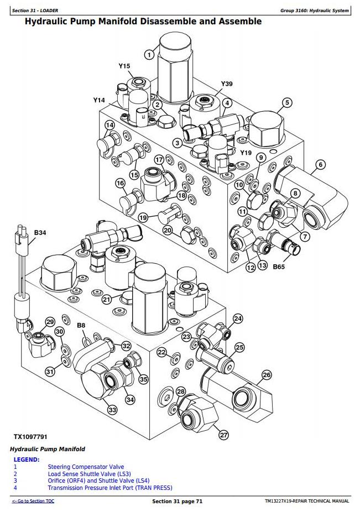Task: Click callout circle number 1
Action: click(x=149, y=54)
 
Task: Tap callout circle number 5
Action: click(x=287, y=102)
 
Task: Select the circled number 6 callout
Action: click(x=321, y=164)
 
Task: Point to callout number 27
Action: click(x=223, y=435)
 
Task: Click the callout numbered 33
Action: click(x=112, y=410)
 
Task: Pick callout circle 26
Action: click(x=267, y=375)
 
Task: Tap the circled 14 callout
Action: click(x=109, y=125)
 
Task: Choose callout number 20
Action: click(x=168, y=231)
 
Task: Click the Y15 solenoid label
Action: click(x=124, y=66)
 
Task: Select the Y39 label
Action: click(x=227, y=84)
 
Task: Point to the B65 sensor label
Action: click(x=278, y=266)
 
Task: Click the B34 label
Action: click(x=40, y=233)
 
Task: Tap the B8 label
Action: click(x=81, y=326)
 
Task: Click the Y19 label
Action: click(x=246, y=153)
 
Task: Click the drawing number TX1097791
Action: click(x=32, y=436)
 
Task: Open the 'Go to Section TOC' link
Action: click(x=33, y=501)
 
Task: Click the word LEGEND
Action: click(x=26, y=459)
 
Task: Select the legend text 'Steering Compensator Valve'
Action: click(x=86, y=467)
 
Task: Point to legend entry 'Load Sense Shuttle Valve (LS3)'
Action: click(x=89, y=474)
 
